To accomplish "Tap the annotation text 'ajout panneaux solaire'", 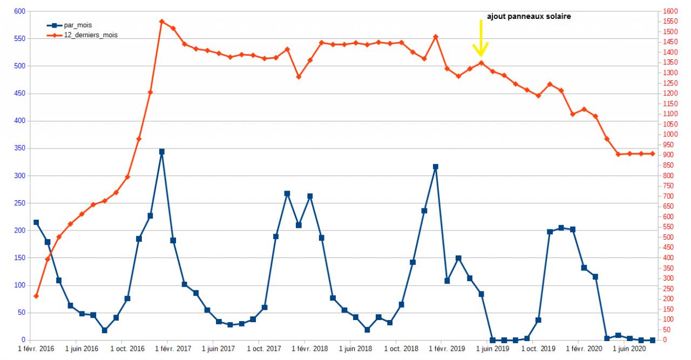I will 529,17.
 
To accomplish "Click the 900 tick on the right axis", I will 668,155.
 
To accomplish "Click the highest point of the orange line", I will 161,22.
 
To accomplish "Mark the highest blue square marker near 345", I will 161,152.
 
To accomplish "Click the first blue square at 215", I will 36,222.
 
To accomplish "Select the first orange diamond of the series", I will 36,296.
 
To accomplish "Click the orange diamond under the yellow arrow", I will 481,63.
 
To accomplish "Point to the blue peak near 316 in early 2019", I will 436,167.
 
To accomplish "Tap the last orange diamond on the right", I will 652,154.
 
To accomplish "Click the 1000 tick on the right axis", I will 670,134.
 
